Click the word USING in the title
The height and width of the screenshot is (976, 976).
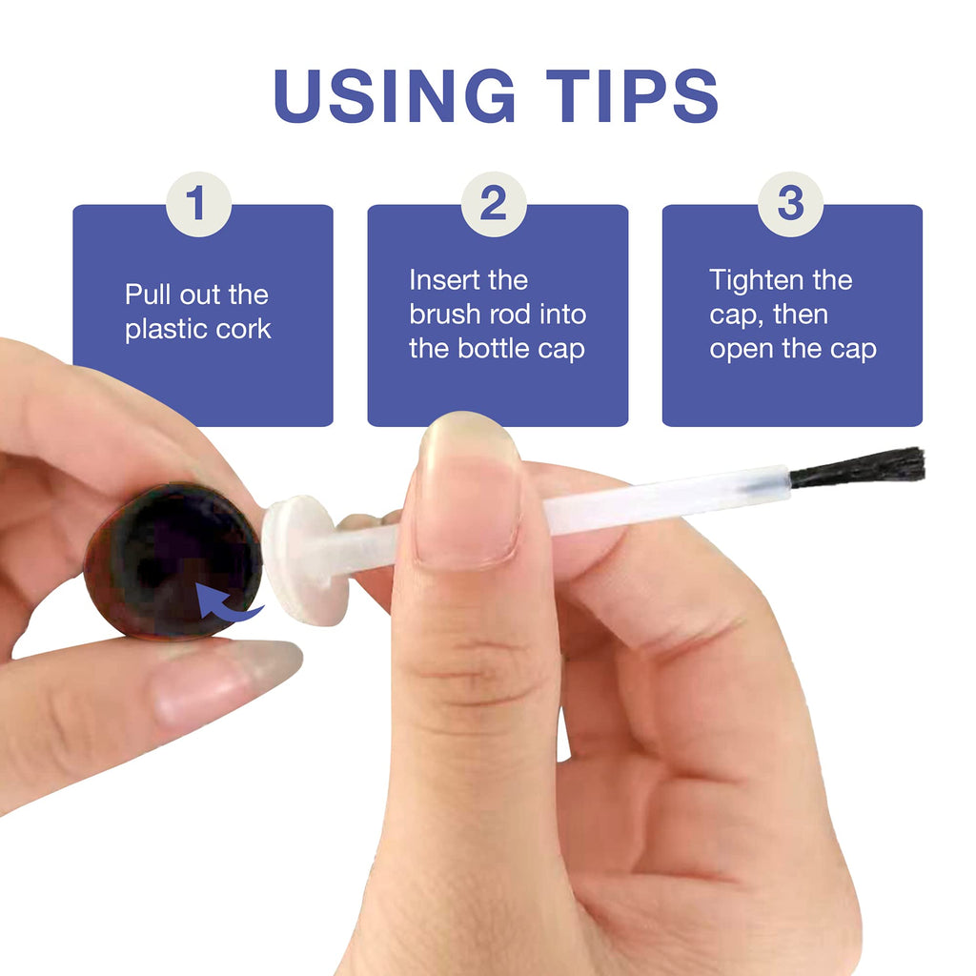click(x=395, y=95)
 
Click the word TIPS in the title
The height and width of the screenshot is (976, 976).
click(x=633, y=95)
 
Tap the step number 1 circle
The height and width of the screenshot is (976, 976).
click(x=198, y=204)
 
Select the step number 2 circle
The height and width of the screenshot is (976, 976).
click(x=494, y=204)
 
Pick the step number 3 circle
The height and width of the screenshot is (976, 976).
click(x=790, y=204)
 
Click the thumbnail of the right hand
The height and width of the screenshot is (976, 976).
click(x=470, y=492)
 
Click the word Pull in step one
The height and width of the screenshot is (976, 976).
click(x=147, y=295)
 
